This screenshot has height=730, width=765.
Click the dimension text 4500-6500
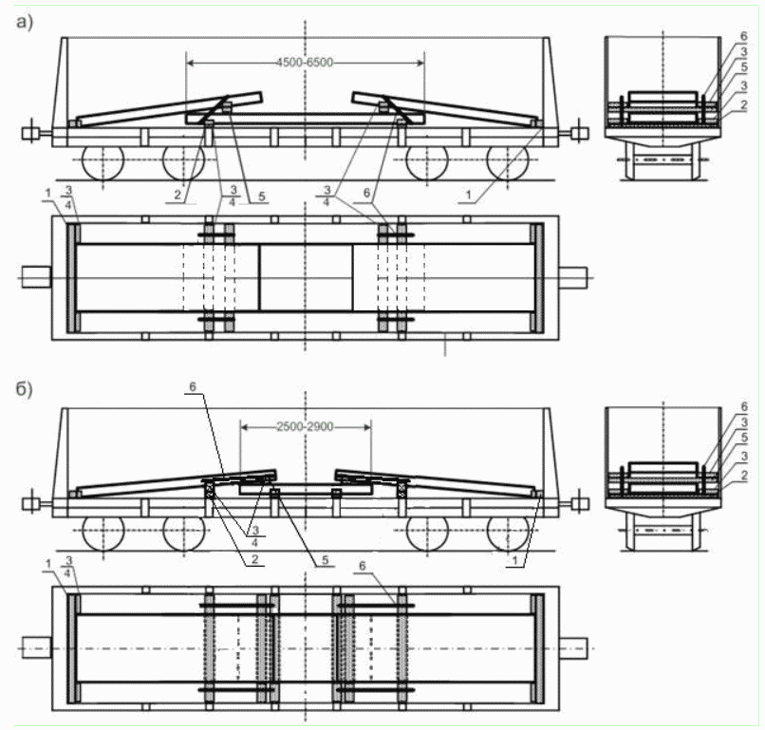[x=305, y=63]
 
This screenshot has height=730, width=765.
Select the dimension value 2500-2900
[x=305, y=427]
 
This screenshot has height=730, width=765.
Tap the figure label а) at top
[x=25, y=23]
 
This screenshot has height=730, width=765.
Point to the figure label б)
[x=25, y=389]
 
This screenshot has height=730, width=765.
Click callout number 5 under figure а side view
[x=262, y=197]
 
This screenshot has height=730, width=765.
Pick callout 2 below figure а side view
[x=177, y=196]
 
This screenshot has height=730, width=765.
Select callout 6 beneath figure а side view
[x=367, y=194]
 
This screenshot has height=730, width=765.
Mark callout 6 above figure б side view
[x=193, y=386]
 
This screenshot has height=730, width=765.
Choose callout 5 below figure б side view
[x=325, y=560]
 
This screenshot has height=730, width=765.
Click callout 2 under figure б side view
[x=254, y=559]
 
